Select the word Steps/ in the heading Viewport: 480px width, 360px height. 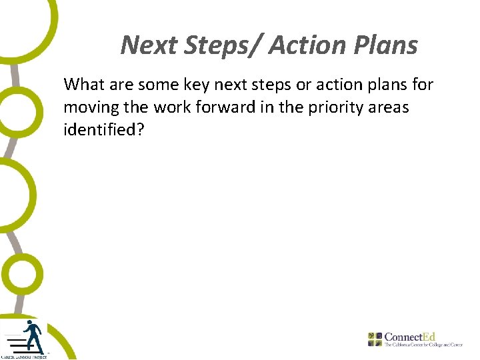[223, 45]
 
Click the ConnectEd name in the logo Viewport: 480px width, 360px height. [410, 337]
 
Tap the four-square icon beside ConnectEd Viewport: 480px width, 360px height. [375, 339]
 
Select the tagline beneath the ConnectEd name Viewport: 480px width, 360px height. [423, 345]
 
